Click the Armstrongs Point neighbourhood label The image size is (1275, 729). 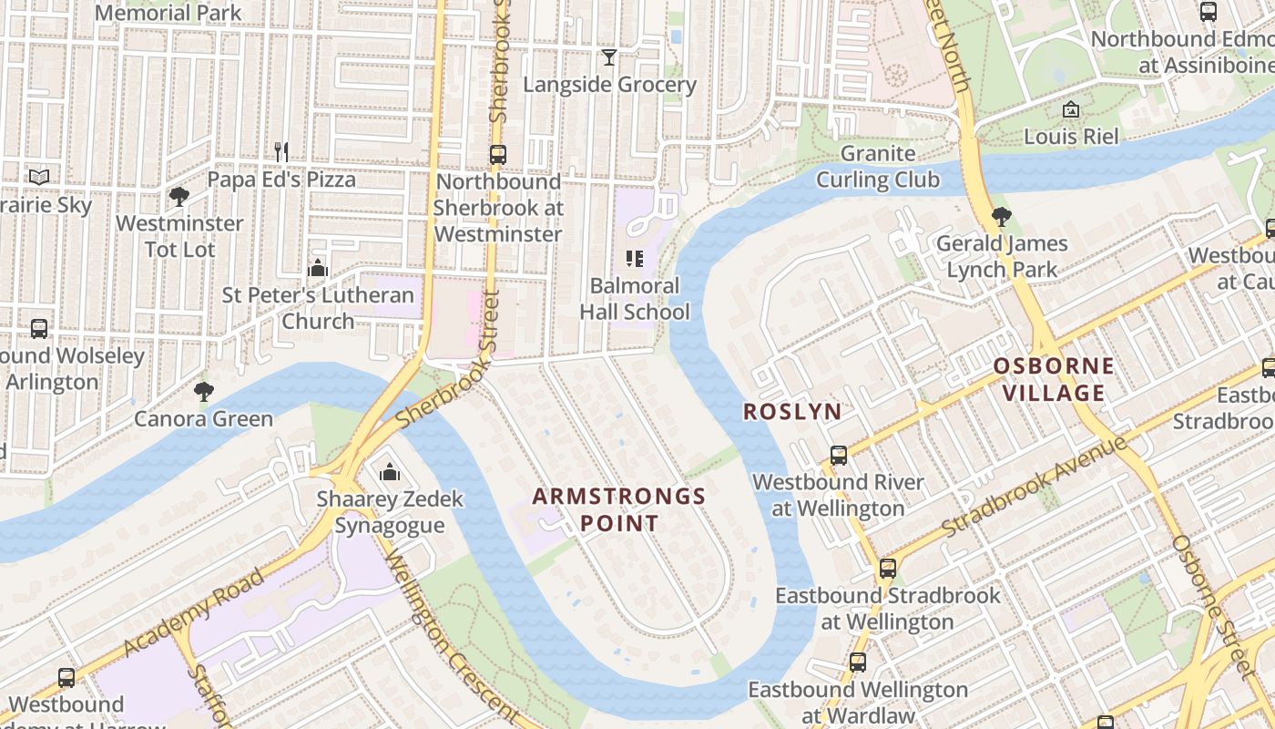pyautogui.click(x=619, y=509)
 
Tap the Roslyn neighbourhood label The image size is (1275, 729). pyautogui.click(x=792, y=411)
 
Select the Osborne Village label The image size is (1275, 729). pyautogui.click(x=1053, y=379)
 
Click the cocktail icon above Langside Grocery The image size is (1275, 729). pyautogui.click(x=609, y=57)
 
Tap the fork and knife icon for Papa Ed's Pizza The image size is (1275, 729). pyautogui.click(x=281, y=151)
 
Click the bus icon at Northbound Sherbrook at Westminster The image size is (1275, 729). pyautogui.click(x=497, y=154)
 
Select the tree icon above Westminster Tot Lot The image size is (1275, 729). pyautogui.click(x=179, y=196)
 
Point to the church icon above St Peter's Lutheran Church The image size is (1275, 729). pyautogui.click(x=318, y=268)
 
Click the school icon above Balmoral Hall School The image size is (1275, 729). pyautogui.click(x=635, y=259)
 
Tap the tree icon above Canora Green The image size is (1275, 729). pyautogui.click(x=203, y=392)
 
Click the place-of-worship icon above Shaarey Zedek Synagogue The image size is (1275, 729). pyautogui.click(x=389, y=472)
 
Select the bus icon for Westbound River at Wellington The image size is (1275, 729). pyautogui.click(x=838, y=455)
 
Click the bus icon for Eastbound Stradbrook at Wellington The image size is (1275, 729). pyautogui.click(x=887, y=569)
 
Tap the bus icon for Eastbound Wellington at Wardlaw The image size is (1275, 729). pyautogui.click(x=857, y=662)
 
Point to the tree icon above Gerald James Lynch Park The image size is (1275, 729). pyautogui.click(x=1001, y=217)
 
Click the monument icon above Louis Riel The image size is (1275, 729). pyautogui.click(x=1071, y=109)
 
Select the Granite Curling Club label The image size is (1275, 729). pyautogui.click(x=878, y=166)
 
